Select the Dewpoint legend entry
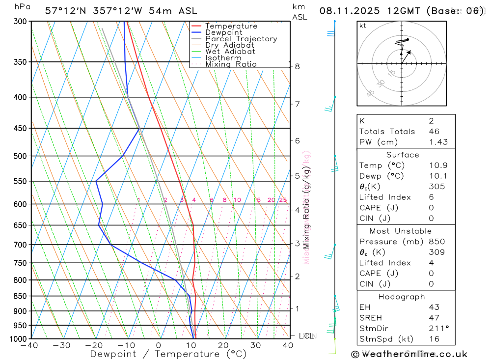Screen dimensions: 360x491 [223, 32]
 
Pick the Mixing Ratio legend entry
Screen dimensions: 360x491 [231, 64]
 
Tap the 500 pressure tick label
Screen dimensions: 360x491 [20, 156]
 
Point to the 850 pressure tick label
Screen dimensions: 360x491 [20, 296]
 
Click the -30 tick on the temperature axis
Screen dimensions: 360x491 [62, 345]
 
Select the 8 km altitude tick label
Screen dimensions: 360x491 [297, 66]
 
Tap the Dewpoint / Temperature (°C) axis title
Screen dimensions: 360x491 [168, 354]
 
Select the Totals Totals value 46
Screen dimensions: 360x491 [434, 132]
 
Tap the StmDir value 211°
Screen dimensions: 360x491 [436, 329]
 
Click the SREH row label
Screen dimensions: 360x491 [371, 318]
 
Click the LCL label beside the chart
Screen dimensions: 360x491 [306, 336]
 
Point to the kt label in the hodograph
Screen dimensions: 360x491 [363, 26]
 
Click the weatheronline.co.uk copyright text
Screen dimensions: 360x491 [409, 354]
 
